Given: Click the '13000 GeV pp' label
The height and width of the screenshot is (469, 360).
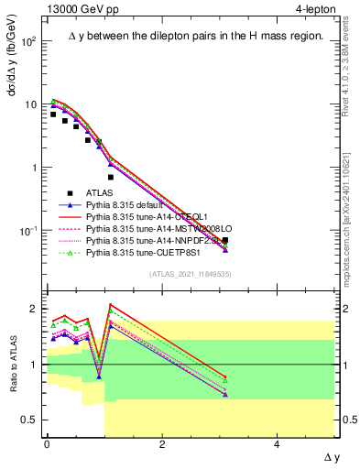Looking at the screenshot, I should coord(77,10).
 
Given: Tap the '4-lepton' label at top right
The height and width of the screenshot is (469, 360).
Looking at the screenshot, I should coord(311,10).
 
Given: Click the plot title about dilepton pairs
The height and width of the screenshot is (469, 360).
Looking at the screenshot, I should coord(196,37).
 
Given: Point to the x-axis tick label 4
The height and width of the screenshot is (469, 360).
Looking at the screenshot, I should coord(277,444).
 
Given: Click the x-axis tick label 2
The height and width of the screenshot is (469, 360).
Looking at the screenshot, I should coord(161,444).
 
